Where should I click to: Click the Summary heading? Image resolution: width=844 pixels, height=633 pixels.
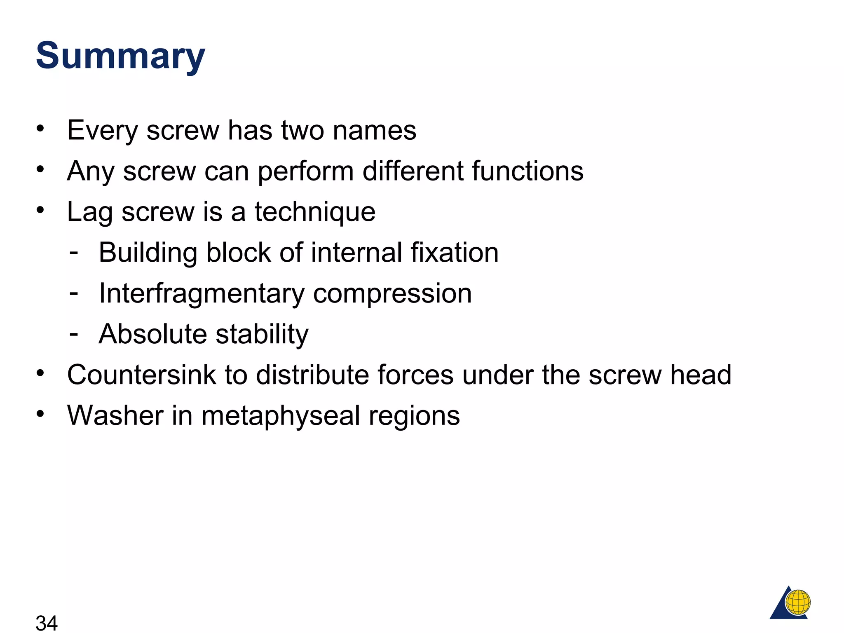[120, 56]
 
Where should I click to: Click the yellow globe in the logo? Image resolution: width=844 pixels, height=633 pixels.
[798, 602]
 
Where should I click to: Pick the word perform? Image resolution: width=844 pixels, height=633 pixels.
[305, 171]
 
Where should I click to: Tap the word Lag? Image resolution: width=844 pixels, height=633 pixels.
[90, 212]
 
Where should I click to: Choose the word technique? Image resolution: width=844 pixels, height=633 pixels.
[315, 212]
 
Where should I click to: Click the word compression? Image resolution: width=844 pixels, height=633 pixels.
[392, 294]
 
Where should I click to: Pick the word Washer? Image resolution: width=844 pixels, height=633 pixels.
[115, 415]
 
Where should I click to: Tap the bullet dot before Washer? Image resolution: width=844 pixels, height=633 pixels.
[40, 413]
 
